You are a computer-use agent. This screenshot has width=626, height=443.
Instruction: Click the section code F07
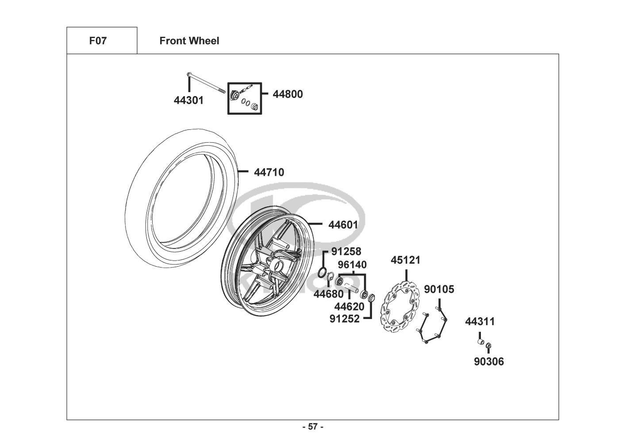tap(98, 41)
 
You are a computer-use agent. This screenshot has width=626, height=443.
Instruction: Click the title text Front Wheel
tap(189, 41)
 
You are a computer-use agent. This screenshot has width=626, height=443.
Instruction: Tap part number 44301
tap(188, 100)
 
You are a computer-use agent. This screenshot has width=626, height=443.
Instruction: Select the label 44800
tap(288, 94)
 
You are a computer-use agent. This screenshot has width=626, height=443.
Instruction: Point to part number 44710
tap(269, 172)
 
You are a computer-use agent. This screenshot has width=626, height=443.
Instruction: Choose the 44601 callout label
tap(343, 225)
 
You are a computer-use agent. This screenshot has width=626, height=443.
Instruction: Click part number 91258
tap(346, 251)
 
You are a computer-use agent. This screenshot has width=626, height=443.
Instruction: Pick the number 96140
tap(352, 264)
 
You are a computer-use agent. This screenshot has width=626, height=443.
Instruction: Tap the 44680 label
tap(328, 294)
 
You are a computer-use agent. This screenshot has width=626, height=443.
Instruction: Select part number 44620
tap(349, 307)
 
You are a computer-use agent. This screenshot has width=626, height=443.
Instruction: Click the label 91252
tap(344, 319)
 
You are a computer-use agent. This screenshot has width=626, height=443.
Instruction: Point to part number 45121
tap(406, 260)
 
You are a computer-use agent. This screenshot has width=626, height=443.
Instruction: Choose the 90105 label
tap(439, 289)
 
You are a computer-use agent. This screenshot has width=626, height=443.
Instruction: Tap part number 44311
tap(480, 322)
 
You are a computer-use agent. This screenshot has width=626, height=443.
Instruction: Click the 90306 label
tap(489, 361)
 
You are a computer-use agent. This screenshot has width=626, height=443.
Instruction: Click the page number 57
tap(313, 427)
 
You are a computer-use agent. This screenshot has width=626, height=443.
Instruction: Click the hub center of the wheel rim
tap(278, 265)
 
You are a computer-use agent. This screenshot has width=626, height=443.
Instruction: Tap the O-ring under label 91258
tap(322, 272)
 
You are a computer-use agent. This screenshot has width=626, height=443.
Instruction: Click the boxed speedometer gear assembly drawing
tap(245, 98)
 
